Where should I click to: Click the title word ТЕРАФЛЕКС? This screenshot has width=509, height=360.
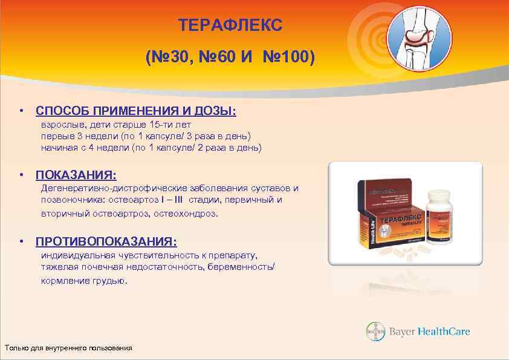[230, 25]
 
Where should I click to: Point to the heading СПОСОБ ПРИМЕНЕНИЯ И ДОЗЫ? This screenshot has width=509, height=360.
[136, 112]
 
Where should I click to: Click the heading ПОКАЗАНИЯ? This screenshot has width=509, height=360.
[76, 175]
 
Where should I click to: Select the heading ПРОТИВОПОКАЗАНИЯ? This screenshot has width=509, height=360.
[106, 242]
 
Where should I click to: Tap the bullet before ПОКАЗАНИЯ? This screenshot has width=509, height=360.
[21, 175]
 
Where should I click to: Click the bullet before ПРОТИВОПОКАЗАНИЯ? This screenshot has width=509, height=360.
[21, 242]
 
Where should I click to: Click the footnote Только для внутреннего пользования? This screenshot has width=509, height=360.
[68, 348]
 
